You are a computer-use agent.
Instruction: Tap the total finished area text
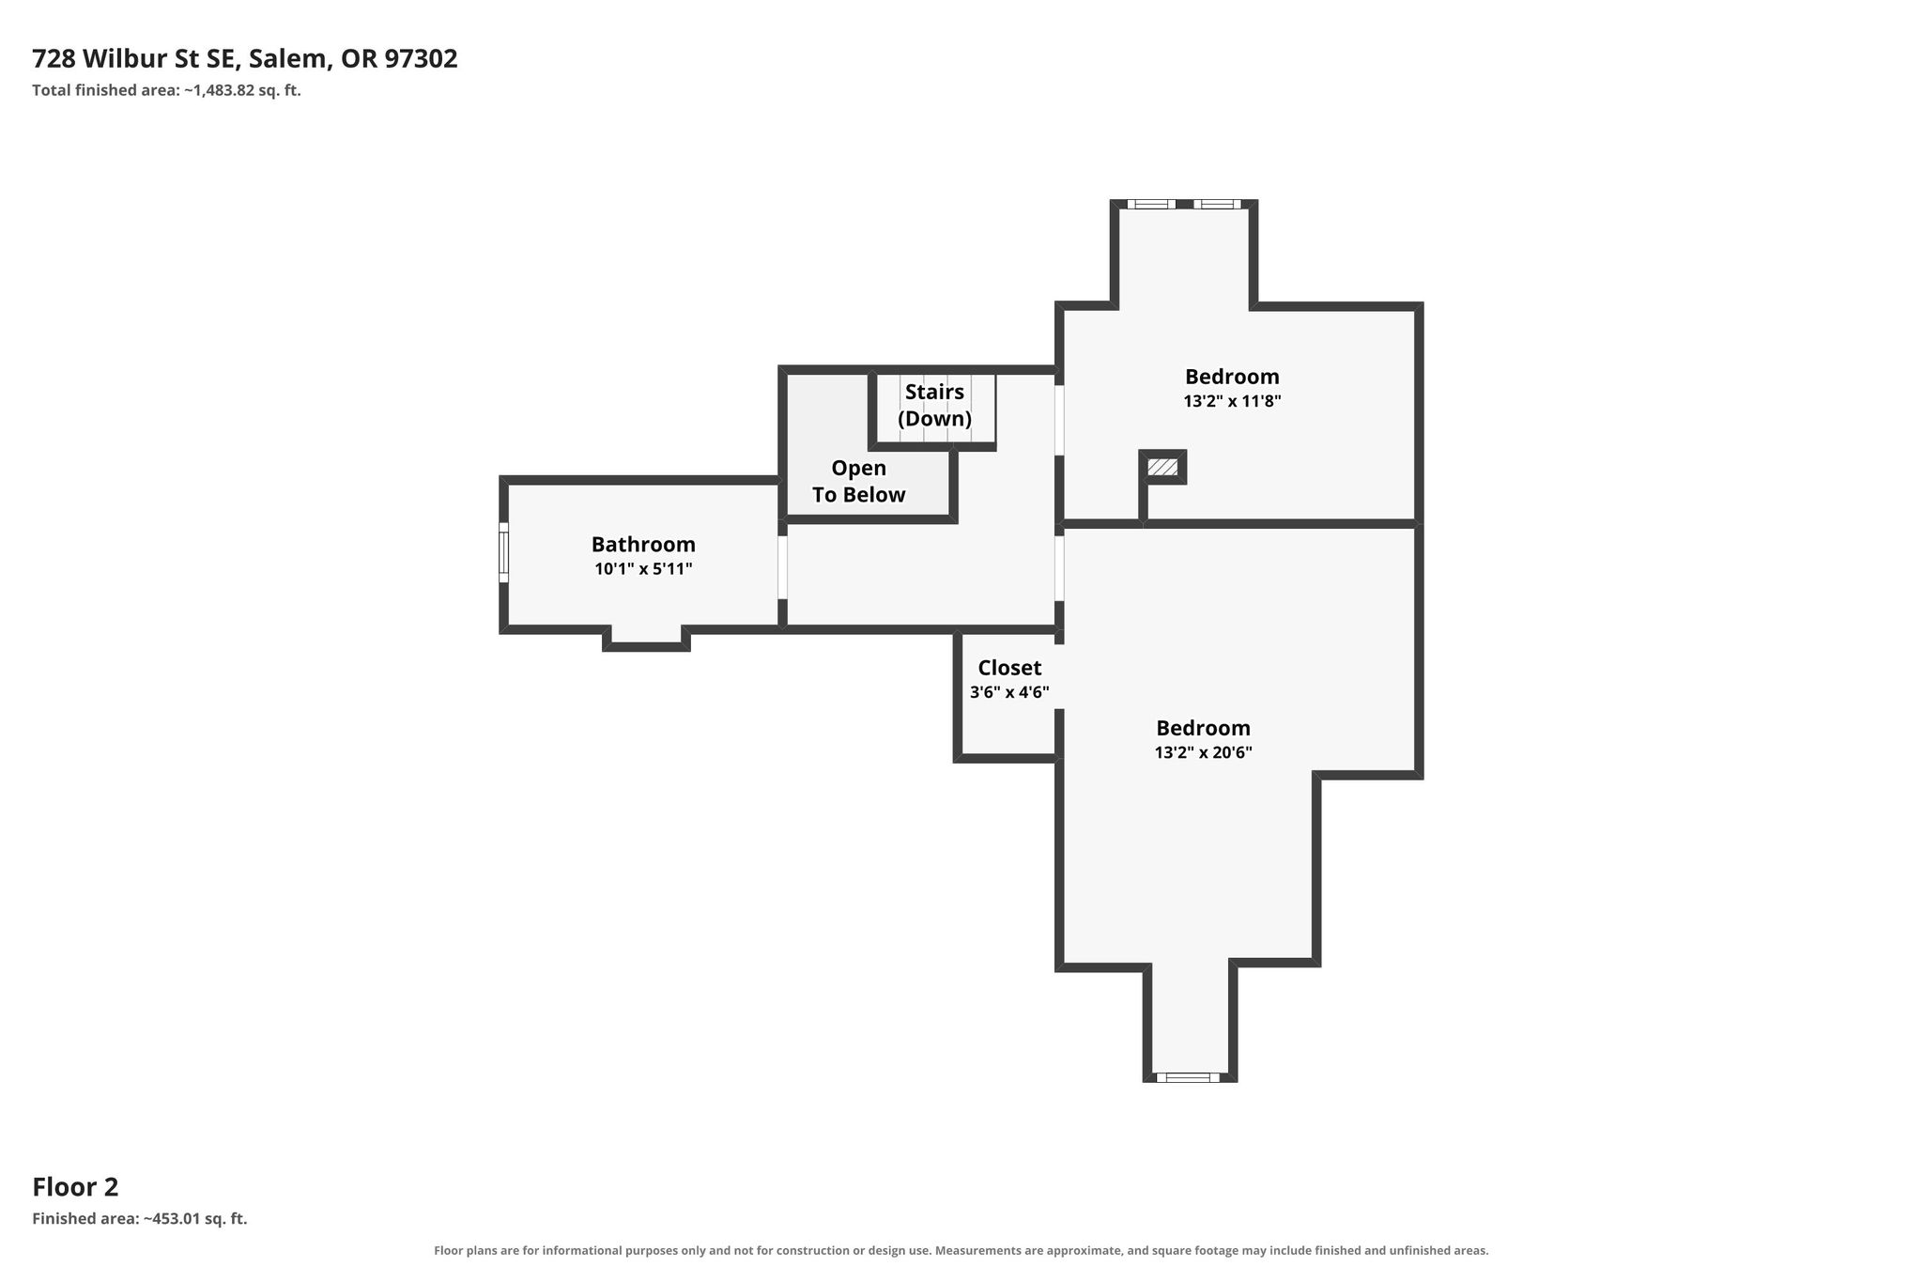pos(166,91)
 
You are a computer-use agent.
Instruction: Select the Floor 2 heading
pos(75,1187)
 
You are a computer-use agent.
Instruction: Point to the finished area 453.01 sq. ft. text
pos(140,1219)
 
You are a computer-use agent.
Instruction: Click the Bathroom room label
pos(643,545)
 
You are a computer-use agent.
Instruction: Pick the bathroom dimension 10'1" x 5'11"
pos(643,569)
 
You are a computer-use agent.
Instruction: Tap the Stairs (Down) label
pos(934,406)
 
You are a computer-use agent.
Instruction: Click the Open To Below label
pos(858,482)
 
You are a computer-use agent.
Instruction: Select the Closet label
pos(1009,668)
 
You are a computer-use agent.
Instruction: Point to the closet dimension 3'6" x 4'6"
pos(1009,693)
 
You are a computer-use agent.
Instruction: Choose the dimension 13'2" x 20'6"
pos(1203,753)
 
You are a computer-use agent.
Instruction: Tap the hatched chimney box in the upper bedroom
pos(1162,467)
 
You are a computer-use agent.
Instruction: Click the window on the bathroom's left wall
pos(503,552)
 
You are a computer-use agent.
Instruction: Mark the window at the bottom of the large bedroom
pos(1188,1077)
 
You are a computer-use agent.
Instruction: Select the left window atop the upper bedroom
pos(1151,204)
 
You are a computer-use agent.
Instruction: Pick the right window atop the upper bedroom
pos(1217,204)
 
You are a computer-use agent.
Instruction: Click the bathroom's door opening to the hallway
pos(782,567)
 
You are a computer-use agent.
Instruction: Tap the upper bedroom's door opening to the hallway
pos(1059,420)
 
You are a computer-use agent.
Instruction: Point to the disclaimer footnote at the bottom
pos(961,1251)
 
